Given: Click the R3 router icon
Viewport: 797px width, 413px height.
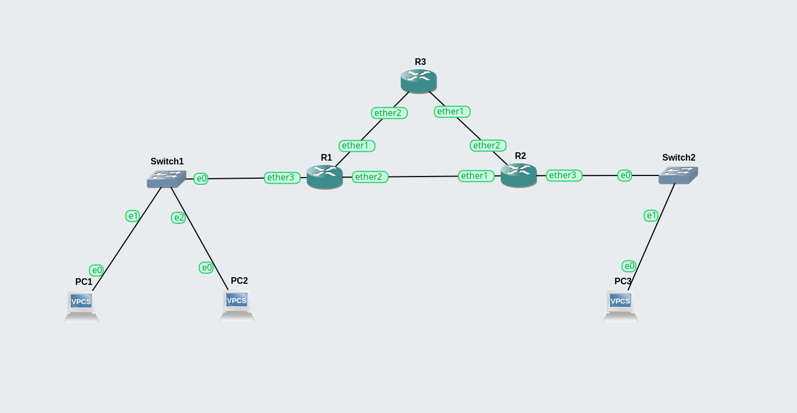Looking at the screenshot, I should [x=419, y=81].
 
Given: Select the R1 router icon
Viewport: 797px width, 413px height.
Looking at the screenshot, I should [x=325, y=177].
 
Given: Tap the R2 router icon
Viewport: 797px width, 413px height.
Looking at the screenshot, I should [x=519, y=175].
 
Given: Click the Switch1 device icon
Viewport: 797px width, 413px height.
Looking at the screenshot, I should [x=167, y=179].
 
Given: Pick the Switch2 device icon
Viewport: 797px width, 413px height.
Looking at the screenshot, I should [x=678, y=175].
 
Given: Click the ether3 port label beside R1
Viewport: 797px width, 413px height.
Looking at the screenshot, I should [x=282, y=178].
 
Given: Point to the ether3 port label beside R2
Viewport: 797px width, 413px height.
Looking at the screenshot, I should [x=564, y=175].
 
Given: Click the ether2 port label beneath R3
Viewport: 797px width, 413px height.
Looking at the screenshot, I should [x=389, y=113].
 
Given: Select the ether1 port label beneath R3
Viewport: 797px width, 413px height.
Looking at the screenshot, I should [x=452, y=112].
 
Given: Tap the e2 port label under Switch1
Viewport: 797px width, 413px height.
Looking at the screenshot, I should [x=179, y=218].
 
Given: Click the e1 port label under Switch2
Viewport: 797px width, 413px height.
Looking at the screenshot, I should [x=651, y=216].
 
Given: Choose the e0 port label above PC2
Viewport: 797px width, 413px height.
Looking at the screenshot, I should [x=206, y=268].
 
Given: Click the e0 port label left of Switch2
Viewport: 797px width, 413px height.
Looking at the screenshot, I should [x=625, y=175].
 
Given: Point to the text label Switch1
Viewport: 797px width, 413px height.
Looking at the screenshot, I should [x=167, y=162].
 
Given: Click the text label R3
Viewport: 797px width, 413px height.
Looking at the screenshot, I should [x=420, y=62].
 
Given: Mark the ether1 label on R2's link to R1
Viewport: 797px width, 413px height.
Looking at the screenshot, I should [x=476, y=176].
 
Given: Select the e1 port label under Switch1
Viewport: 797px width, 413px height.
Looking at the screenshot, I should [x=133, y=216].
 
